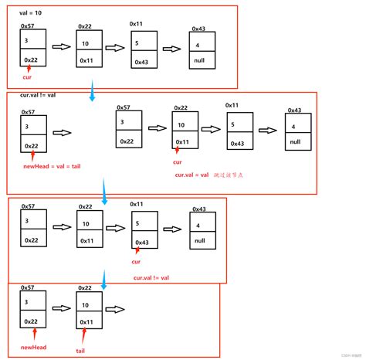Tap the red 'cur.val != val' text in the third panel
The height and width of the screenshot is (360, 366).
click(151, 277)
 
